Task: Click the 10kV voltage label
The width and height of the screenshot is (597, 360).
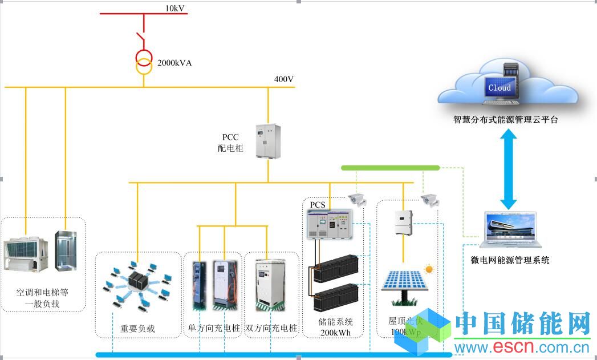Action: tap(175, 8)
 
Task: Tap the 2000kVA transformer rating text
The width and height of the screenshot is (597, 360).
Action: tap(174, 63)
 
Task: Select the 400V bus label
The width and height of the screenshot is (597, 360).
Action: tap(283, 79)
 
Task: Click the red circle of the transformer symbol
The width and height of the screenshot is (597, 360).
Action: tap(143, 57)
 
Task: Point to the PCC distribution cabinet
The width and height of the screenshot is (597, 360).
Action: tap(268, 140)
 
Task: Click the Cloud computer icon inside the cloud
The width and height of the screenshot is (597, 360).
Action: tap(500, 87)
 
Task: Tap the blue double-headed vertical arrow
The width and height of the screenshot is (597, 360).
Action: tap(508, 169)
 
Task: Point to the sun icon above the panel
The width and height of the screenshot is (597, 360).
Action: tap(428, 268)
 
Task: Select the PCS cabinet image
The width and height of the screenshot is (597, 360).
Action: tap(330, 224)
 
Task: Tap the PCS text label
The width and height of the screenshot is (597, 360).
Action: tap(317, 204)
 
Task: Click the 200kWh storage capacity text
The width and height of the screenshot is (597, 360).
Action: tap(335, 333)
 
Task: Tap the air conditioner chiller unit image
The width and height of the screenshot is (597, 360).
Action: tap(26, 253)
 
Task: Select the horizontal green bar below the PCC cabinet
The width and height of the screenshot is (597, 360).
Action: tap(390, 168)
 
